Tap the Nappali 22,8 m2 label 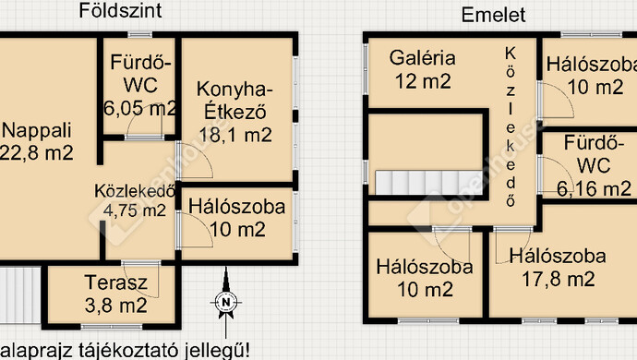click(x=37, y=141)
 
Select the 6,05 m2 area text click(x=139, y=108)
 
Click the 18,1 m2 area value click(x=235, y=135)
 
